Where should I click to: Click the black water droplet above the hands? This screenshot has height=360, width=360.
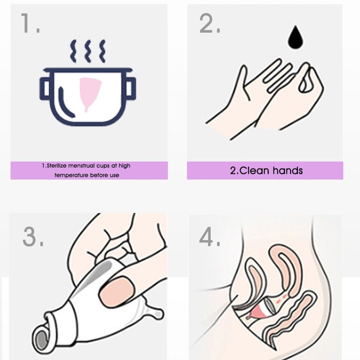[296, 37]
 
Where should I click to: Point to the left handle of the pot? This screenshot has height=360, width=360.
[44, 88]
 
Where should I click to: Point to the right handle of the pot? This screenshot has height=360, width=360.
[130, 88]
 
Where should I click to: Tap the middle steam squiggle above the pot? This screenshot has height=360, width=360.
[88, 51]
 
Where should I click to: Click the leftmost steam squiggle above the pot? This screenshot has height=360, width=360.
[73, 51]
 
